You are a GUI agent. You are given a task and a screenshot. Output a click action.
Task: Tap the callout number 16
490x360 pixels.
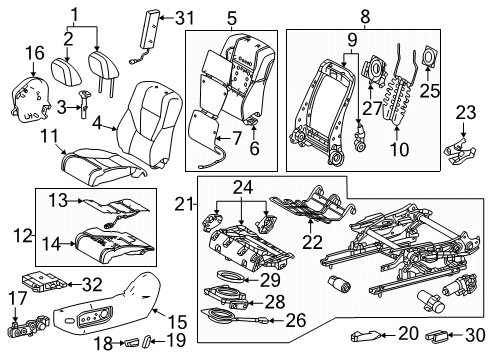tap(35, 51)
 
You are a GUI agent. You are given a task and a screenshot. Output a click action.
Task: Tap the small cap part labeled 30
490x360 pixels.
tap(439, 334)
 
